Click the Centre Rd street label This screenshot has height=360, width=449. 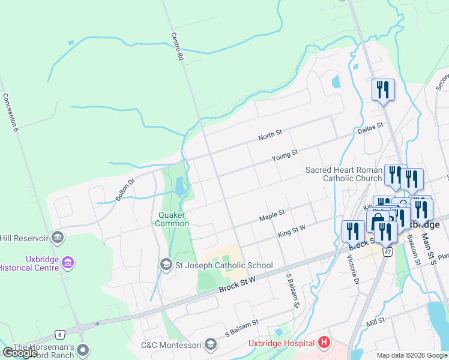(176, 47)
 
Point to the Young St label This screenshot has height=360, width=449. (285, 155)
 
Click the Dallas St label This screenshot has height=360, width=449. (369, 127)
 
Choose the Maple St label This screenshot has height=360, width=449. (272, 215)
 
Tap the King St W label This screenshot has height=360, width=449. (292, 231)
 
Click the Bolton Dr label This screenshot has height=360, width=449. (126, 188)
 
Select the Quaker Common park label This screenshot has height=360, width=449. (173, 219)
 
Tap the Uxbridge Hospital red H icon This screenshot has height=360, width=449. (324, 343)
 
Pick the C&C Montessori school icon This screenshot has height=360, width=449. (210, 344)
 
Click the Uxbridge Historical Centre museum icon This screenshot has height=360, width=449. (67, 263)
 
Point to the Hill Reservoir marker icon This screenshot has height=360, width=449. (58, 238)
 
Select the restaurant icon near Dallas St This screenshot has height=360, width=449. (383, 90)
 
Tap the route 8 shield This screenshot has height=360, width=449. (59, 334)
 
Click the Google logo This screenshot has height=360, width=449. (20, 353)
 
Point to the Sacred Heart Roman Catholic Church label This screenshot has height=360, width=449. (343, 174)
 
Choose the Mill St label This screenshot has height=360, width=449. (376, 323)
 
